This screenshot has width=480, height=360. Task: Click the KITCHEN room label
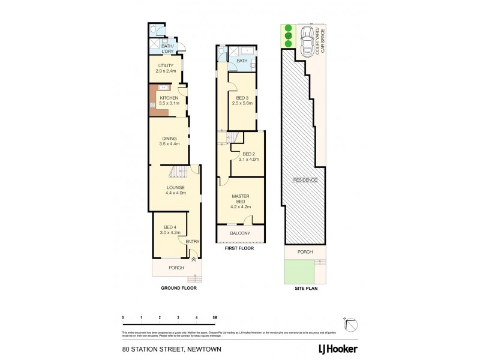(x=169, y=100)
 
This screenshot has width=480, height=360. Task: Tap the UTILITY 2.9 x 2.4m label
(x=166, y=68)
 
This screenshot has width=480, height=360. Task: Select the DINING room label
(x=169, y=141)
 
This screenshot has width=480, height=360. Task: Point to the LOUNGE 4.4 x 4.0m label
(x=176, y=190)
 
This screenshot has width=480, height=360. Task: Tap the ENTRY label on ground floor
(x=192, y=242)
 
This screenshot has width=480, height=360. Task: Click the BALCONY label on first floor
(x=240, y=233)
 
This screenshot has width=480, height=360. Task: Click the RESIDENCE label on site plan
(x=305, y=180)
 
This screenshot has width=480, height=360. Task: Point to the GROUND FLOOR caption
(x=178, y=288)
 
